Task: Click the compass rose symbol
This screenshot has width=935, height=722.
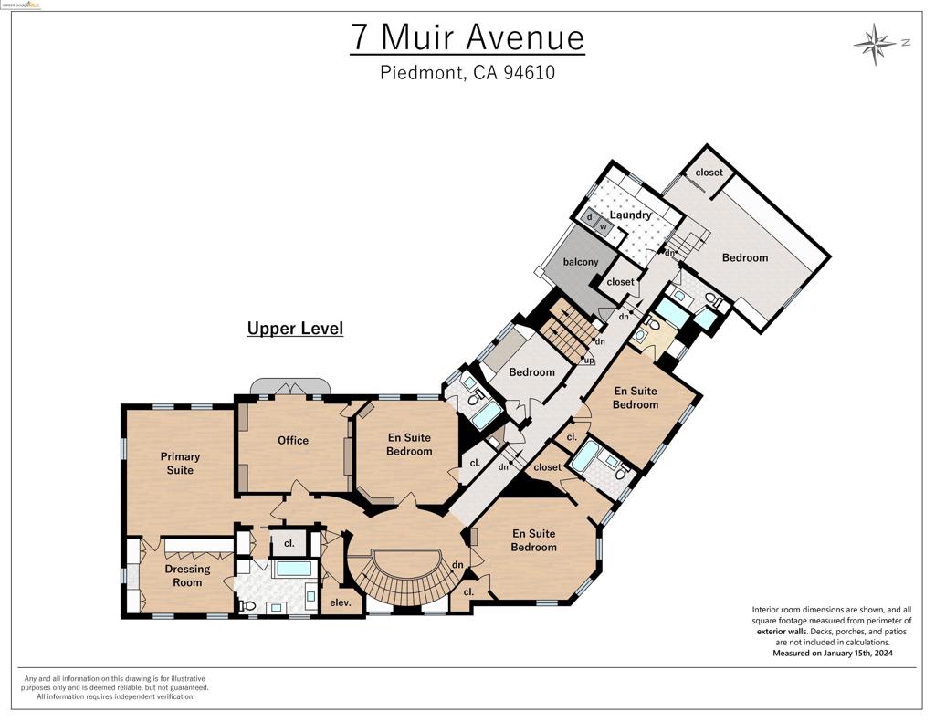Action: point(875,42)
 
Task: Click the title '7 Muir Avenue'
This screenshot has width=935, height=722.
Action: point(467,37)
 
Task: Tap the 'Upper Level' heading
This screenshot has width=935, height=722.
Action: point(295,329)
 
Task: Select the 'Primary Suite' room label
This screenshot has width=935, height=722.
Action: point(180,463)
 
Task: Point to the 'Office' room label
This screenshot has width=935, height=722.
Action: point(293,440)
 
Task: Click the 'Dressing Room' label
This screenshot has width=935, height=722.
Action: point(187,575)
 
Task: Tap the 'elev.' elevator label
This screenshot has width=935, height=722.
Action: point(340,602)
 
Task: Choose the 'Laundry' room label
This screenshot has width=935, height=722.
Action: point(630,215)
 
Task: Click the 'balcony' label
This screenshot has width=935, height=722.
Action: point(581,262)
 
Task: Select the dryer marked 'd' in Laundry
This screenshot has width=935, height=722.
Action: point(590,217)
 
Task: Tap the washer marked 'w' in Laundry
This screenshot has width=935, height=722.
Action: point(603,226)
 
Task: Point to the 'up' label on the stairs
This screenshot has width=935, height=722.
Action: point(589,360)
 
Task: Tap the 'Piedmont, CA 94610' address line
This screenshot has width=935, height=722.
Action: point(467,73)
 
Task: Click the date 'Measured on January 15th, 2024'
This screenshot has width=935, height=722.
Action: point(832,654)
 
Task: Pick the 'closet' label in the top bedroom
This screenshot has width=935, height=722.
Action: point(709,173)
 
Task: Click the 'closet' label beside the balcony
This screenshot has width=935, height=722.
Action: point(620,282)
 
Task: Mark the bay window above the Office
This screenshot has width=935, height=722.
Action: point(292,384)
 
